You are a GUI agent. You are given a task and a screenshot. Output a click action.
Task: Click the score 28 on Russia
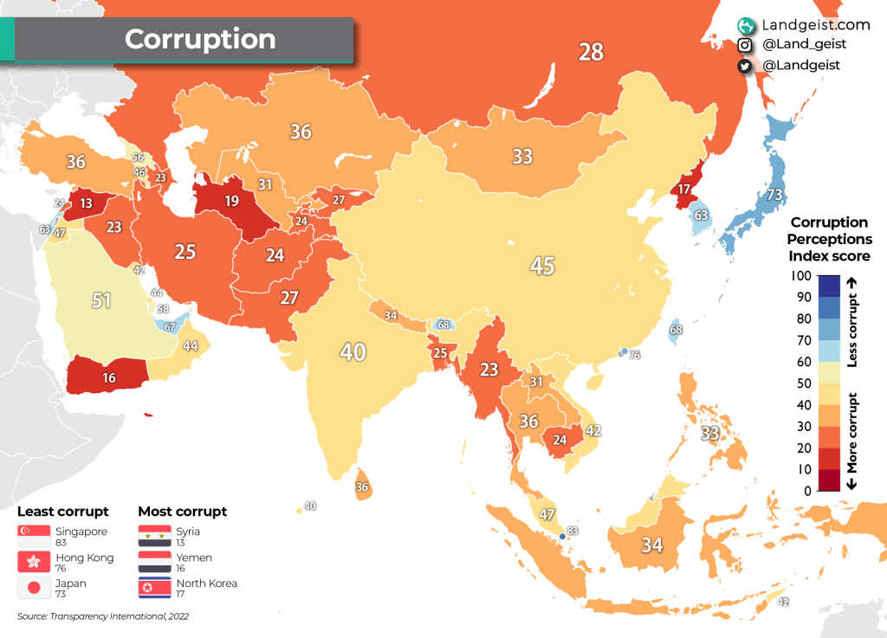(x=591, y=52)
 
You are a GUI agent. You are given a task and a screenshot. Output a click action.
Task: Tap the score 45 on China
(x=542, y=265)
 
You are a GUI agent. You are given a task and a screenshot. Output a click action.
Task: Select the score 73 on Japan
(x=774, y=194)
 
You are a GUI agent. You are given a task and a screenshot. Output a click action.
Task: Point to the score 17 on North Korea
(x=684, y=190)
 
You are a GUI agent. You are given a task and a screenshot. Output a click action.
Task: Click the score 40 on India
(x=353, y=352)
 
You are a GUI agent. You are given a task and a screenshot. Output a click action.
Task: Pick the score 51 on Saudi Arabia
(x=102, y=300)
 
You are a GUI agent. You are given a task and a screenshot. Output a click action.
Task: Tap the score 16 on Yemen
(x=108, y=377)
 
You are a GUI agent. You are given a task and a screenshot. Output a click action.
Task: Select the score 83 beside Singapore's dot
(x=572, y=531)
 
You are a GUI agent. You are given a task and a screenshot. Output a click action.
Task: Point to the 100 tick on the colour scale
(x=802, y=276)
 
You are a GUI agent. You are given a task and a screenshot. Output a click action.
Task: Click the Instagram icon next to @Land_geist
(x=744, y=45)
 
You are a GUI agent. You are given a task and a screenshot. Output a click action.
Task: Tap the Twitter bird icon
(x=744, y=66)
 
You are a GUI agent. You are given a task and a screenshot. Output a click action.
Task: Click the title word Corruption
(x=200, y=39)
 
